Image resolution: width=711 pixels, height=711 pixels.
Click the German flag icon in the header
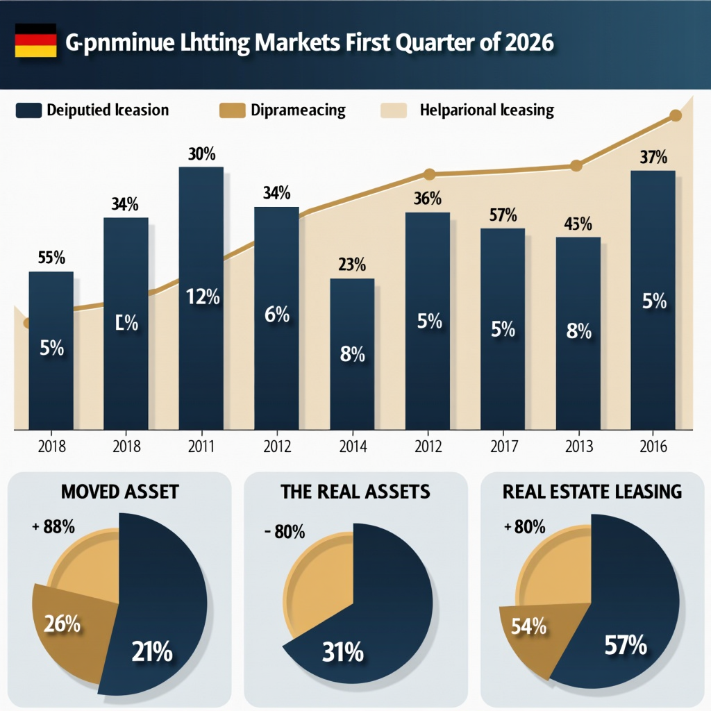(x=35, y=42)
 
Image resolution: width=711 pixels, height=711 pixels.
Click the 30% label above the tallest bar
(x=202, y=155)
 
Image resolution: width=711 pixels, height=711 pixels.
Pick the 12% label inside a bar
(x=202, y=297)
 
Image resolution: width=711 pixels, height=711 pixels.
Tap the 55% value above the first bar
(x=51, y=258)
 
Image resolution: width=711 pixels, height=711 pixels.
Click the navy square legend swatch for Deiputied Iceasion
(x=28, y=110)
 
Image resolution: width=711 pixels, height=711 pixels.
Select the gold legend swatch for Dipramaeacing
(x=232, y=110)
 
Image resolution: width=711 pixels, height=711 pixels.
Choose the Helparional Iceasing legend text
(x=487, y=110)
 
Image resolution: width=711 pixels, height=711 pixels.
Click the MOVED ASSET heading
(x=119, y=492)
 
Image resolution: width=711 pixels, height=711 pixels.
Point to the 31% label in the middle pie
(x=342, y=652)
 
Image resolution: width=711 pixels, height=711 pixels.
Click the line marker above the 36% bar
(x=428, y=174)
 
